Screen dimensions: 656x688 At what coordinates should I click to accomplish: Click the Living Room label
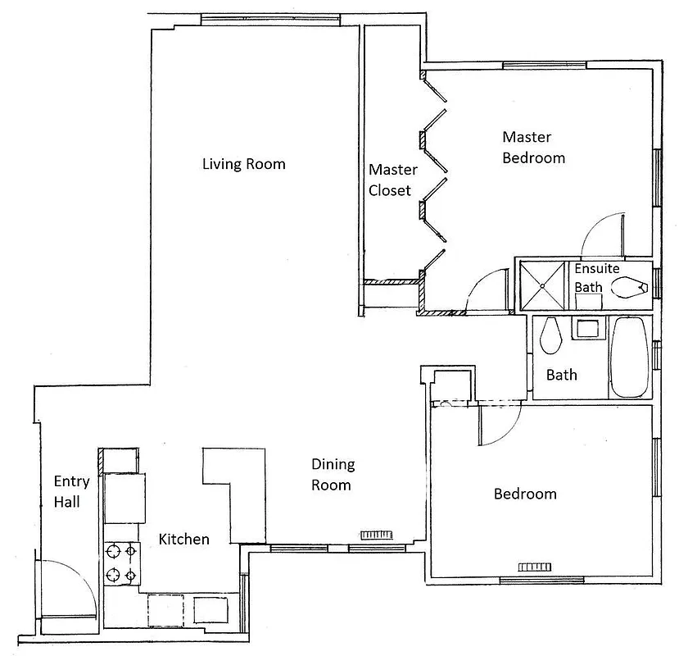pyautogui.click(x=243, y=164)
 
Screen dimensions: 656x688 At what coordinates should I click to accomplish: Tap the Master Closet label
pyautogui.click(x=392, y=180)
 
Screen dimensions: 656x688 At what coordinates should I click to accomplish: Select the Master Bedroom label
pyautogui.click(x=533, y=147)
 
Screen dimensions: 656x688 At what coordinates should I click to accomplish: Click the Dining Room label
pyautogui.click(x=332, y=474)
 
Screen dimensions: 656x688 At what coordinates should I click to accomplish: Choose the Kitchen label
pyautogui.click(x=183, y=539)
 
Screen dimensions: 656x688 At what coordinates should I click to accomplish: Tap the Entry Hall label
pyautogui.click(x=66, y=491)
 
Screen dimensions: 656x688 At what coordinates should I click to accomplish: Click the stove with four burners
pyautogui.click(x=120, y=562)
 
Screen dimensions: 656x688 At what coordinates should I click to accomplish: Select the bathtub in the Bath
pyautogui.click(x=629, y=358)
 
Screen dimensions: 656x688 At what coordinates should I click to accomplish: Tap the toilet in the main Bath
pyautogui.click(x=550, y=332)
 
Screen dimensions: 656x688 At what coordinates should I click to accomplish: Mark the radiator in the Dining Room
pyautogui.click(x=378, y=535)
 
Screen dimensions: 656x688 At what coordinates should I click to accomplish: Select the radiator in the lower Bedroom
pyautogui.click(x=536, y=567)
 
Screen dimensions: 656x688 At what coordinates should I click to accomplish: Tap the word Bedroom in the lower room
pyautogui.click(x=524, y=494)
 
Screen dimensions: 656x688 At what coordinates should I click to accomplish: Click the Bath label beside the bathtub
pyautogui.click(x=561, y=375)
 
